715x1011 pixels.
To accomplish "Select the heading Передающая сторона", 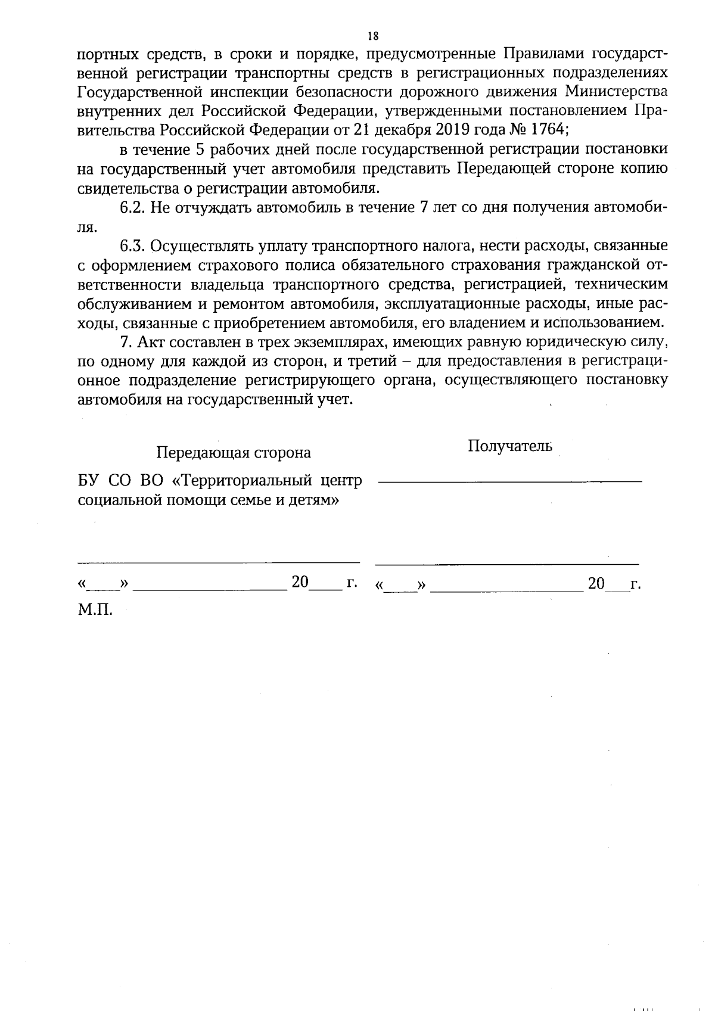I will [x=233, y=453].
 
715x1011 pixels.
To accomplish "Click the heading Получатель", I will [x=510, y=446].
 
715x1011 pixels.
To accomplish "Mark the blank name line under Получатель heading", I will [x=510, y=481].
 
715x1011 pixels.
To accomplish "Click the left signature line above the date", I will [x=218, y=561].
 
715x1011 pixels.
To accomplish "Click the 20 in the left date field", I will [x=300, y=583].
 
